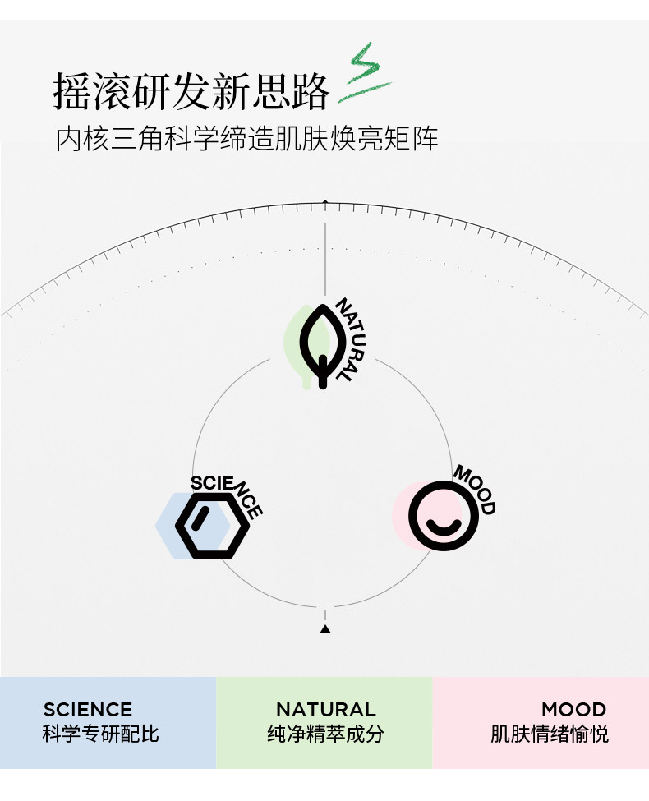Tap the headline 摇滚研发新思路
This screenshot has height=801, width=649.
pos(191,91)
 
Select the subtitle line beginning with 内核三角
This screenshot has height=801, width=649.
pos(246,139)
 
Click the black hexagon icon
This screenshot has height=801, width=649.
pos(212,526)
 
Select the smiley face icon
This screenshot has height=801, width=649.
pos(443,515)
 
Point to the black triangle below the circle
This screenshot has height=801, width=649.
pos(324,629)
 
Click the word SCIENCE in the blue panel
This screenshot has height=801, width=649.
pos(88,710)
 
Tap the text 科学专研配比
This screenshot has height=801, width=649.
pos(100,734)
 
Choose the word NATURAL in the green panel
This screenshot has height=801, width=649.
pos(325,710)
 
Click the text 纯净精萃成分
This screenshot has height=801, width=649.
pos(325,734)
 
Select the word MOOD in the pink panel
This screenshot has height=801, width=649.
pos(573,710)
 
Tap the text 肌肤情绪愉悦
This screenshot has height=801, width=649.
pos(550,734)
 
